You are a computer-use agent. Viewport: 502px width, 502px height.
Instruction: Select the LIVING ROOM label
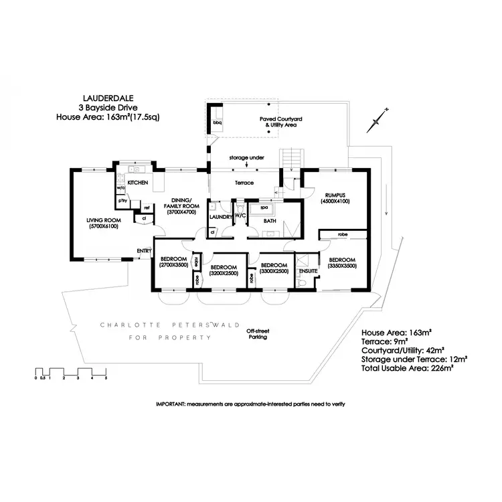102,220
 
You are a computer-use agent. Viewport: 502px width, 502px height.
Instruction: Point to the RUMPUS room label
335,194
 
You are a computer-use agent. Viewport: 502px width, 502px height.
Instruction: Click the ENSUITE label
307,271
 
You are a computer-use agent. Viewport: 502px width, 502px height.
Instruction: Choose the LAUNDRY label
220,217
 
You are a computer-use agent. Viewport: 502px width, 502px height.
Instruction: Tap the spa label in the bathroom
255,207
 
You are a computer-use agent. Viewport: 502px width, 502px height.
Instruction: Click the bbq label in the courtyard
217,122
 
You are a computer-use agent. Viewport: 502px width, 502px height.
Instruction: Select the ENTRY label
144,251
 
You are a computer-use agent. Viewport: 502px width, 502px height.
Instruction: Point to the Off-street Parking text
257,334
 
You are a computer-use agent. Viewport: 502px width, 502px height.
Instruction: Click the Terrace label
242,182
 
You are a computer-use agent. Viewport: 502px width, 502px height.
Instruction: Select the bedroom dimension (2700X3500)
173,266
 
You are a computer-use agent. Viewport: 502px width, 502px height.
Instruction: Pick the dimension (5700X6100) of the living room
102,227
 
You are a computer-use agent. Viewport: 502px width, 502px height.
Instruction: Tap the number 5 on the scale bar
105,378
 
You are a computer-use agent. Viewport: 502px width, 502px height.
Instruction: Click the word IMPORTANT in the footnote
171,404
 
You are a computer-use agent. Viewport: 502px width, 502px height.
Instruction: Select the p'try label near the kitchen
122,201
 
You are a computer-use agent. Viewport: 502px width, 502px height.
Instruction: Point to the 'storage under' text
247,158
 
